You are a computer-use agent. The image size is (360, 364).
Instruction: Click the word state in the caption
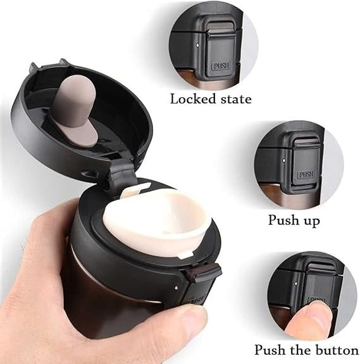coord(236,99)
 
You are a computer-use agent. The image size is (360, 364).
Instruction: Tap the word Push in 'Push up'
coord(283,219)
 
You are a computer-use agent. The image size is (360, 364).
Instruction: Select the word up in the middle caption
coord(312,221)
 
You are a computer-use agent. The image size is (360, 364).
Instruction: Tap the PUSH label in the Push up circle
coord(306,174)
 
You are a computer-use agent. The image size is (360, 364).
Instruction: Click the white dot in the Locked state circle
coord(198,45)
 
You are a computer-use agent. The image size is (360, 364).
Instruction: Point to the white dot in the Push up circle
coord(283,160)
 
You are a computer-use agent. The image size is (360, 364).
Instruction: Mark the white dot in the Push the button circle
coord(295,284)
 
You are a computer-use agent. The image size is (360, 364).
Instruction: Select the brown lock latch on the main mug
coord(202,272)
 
